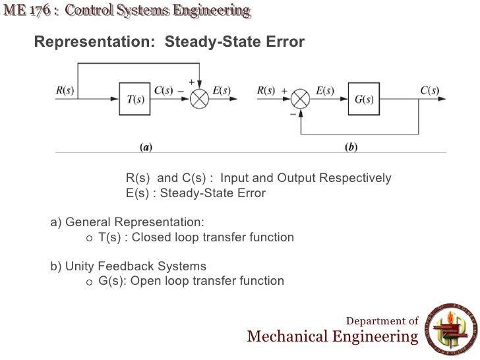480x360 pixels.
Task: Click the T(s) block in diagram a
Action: pos(135,100)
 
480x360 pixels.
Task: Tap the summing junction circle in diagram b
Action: pos(300,100)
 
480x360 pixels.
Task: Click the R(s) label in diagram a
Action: pos(64,90)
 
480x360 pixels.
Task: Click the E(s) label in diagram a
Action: pos(222,90)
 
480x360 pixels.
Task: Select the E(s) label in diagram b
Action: pos(324,90)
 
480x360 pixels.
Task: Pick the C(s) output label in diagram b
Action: pos(430,90)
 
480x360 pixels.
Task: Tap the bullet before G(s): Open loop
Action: pos(90,282)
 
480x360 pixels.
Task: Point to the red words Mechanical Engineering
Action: pos(332,338)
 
